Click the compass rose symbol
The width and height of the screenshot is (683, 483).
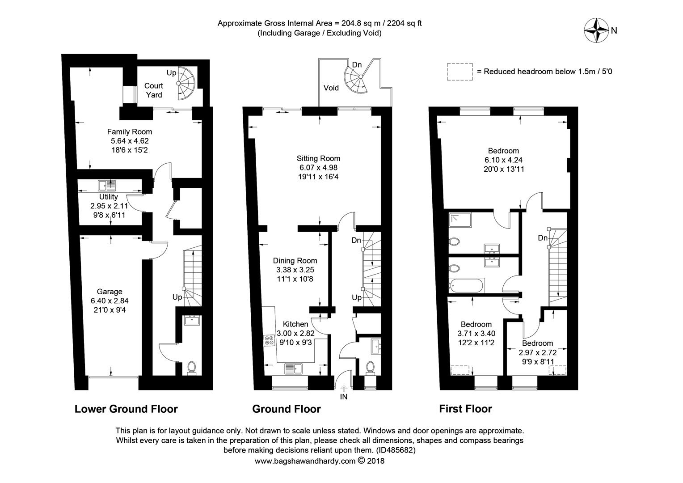pos(596,30)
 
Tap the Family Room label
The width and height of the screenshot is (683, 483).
pos(129,132)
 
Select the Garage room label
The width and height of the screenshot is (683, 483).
pos(110,292)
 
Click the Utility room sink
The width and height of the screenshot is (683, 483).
pos(107,186)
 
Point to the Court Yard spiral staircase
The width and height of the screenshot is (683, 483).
pos(186,83)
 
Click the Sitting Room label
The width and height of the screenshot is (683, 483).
pos(318,158)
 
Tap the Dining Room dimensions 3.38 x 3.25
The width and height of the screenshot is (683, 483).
pos(295,270)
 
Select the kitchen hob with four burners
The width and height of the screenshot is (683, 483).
pos(269,340)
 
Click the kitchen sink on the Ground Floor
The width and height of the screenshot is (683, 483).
pos(293,369)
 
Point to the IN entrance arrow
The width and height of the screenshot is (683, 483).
pos(344,389)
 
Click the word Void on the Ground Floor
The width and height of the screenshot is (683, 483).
pos(331,88)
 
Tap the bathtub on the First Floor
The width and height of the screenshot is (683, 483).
pos(466,286)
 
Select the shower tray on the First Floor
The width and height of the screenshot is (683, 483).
pos(460,220)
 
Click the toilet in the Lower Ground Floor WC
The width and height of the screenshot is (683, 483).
pos(191,368)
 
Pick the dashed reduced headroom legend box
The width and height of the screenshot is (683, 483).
pos(460,72)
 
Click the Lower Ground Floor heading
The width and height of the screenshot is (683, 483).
pos(126,409)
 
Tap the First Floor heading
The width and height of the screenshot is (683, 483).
pos(465,409)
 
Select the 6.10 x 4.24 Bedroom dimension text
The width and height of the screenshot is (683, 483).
pos(503,160)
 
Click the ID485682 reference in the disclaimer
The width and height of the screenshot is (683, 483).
pos(396,450)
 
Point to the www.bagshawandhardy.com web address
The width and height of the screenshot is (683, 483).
pos(305,461)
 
